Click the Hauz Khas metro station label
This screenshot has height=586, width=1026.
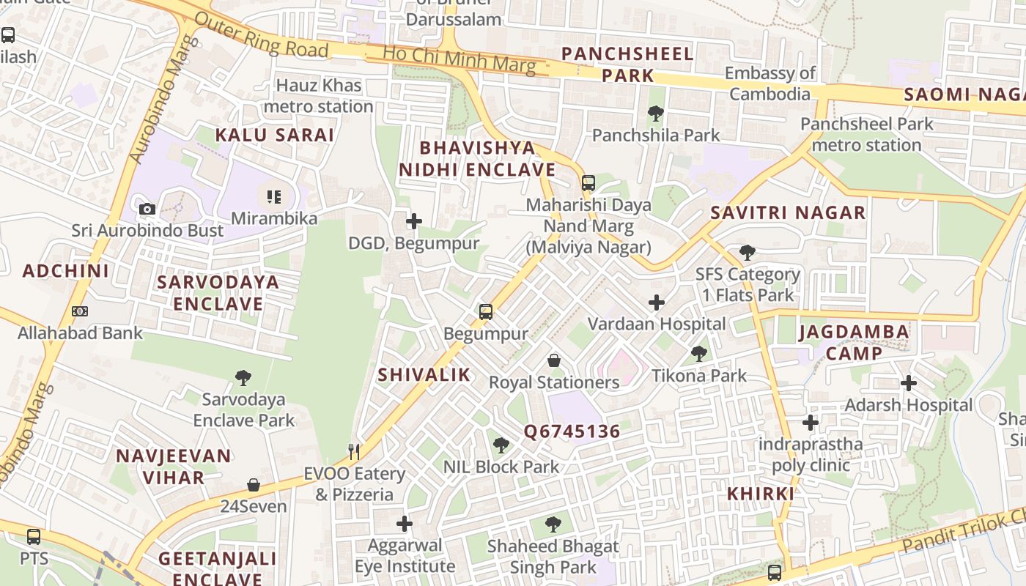pos(318,96)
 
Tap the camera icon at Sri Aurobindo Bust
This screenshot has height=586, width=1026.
pos(147,209)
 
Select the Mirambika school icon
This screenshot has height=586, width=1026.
pos(274,196)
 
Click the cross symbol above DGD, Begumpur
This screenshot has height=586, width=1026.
pos(414,220)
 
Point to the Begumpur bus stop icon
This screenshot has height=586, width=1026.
pos(485,311)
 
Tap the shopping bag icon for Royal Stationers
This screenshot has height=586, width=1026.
pos(554,360)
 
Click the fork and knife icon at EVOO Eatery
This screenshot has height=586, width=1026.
pos(354,451)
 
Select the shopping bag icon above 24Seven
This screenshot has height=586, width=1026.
pos(254,485)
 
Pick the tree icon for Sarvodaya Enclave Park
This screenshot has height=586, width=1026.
pos(243,378)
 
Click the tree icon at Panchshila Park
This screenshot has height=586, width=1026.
pos(656,114)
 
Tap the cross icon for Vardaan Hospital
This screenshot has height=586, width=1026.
pos(657,302)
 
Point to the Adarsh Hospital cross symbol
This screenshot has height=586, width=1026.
pos(909,383)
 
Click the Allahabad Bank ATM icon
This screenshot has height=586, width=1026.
pos(80,311)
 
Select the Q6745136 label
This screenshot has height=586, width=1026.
pos(572,432)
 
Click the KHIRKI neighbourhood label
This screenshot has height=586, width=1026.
pos(761,494)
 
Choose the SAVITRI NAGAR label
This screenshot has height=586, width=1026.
pos(788,213)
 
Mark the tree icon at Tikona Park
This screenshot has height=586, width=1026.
pos(699,354)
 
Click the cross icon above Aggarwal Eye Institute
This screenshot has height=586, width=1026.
pos(405,524)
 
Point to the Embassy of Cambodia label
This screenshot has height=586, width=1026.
pos(769,84)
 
